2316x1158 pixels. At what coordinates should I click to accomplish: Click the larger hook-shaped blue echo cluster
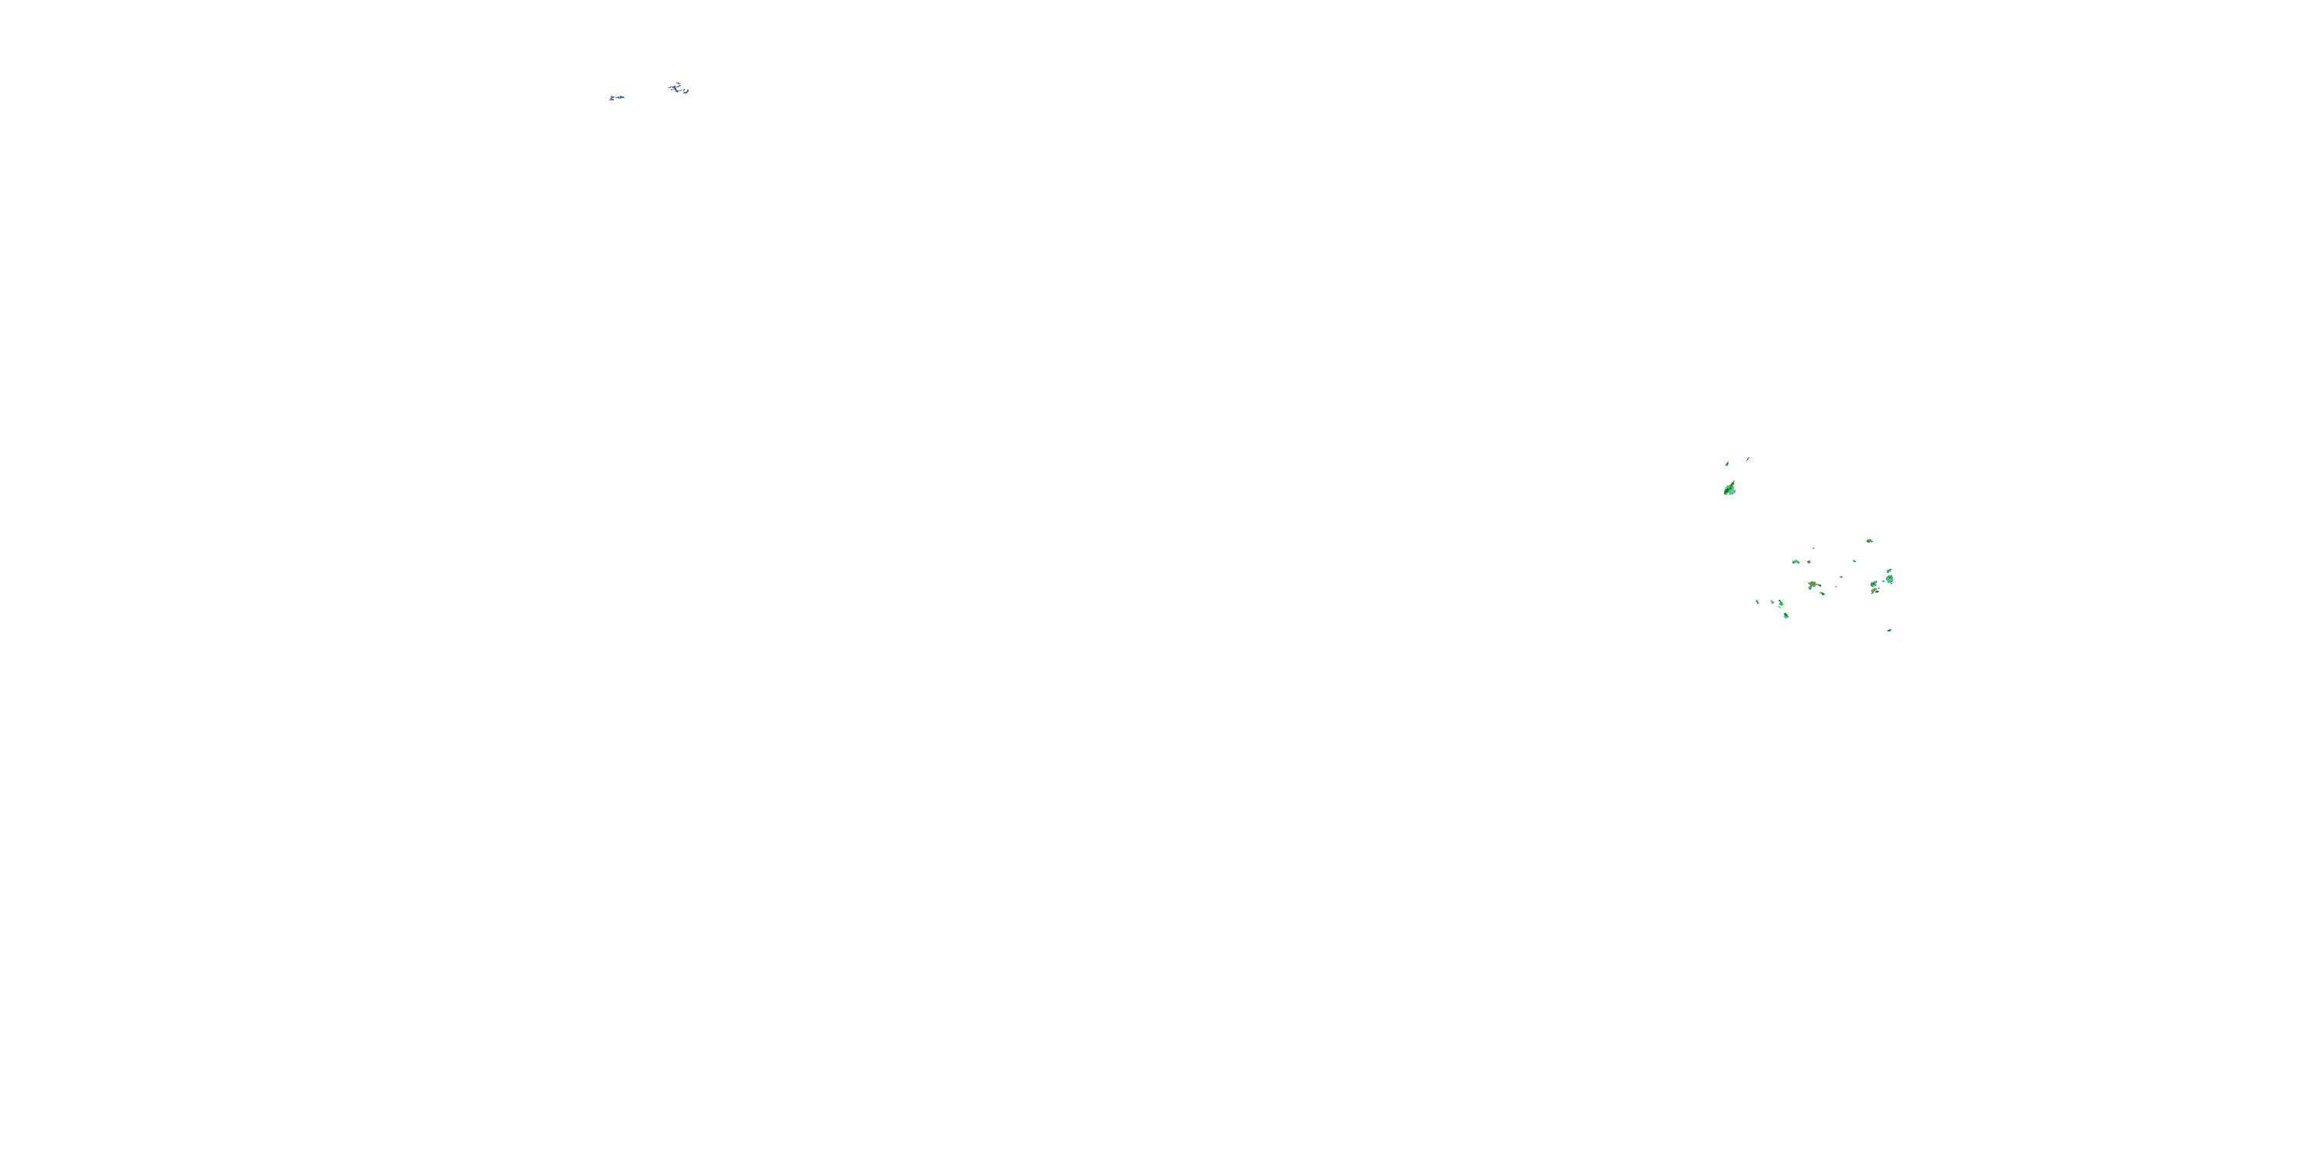(679, 88)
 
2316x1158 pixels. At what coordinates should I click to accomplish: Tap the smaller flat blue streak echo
(616, 97)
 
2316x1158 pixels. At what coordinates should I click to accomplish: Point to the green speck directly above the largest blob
(1727, 464)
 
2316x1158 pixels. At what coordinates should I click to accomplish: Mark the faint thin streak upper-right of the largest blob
(1748, 459)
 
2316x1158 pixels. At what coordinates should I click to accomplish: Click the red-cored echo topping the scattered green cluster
(1870, 541)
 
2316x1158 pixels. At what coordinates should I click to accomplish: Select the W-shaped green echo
(1796, 562)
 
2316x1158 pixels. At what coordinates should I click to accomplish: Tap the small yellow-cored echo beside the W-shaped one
(1810, 562)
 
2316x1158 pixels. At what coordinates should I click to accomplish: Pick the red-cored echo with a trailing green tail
(1813, 584)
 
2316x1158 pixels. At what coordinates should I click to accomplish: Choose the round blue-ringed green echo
(1890, 579)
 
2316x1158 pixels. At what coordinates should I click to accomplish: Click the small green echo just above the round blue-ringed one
(1890, 571)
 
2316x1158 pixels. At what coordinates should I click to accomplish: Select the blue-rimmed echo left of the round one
(1874, 584)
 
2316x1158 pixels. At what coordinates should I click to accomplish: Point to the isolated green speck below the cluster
(1890, 630)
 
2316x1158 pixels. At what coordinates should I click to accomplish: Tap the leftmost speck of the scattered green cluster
(1758, 602)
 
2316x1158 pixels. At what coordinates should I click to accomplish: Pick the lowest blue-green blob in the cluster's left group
(1786, 616)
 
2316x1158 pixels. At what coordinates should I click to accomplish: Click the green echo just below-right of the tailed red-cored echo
(1823, 594)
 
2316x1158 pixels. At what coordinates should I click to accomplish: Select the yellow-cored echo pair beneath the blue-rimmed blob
(1875, 591)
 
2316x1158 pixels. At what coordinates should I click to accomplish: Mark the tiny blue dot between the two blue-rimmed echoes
(1884, 581)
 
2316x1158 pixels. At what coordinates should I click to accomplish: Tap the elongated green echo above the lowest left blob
(1781, 603)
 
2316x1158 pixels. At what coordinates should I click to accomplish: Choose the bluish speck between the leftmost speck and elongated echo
(1772, 602)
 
